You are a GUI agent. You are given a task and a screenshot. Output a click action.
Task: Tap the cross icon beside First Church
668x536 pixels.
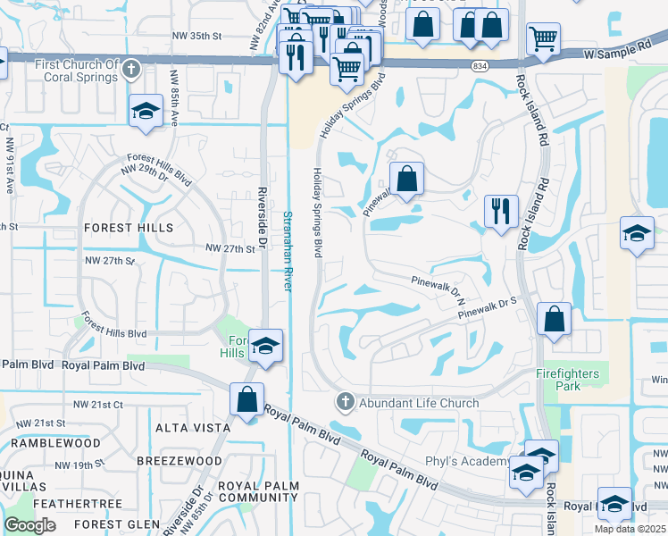point(131,68)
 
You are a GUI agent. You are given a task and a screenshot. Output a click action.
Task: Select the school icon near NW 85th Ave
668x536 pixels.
point(144,112)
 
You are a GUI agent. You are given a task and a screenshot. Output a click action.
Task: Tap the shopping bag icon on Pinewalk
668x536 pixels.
point(406,178)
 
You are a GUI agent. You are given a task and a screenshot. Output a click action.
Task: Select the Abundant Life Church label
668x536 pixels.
point(419,403)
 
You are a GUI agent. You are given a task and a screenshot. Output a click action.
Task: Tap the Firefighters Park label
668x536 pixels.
point(572,379)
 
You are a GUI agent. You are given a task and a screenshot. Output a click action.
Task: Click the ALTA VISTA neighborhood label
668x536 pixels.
point(193,428)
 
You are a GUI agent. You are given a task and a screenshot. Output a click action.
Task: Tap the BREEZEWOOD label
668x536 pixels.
point(180,460)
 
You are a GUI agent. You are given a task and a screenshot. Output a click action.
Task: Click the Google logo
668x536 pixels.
point(29,525)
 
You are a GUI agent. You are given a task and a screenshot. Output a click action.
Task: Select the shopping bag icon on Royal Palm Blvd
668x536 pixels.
point(246,398)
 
